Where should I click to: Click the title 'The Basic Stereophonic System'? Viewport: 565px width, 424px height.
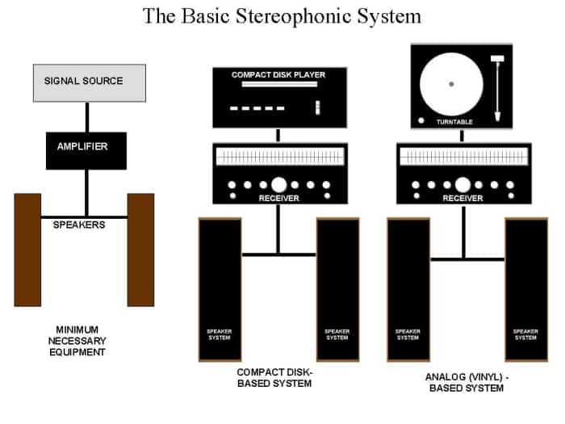point(282,15)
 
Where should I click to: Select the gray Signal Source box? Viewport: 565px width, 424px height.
point(89,82)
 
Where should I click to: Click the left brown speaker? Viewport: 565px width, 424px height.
point(27,250)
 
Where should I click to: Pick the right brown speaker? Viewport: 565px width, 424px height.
point(140,250)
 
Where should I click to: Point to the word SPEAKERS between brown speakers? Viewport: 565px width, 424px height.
point(79,225)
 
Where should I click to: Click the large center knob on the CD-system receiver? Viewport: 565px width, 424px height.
point(278,184)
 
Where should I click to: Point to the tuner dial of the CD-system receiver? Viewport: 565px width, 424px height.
point(278,156)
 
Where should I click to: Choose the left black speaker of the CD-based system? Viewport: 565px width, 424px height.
point(220,289)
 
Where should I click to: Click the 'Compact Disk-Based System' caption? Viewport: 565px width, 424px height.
point(274,377)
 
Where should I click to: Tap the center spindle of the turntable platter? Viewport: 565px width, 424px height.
point(451,83)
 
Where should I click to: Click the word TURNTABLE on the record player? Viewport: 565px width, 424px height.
point(454,122)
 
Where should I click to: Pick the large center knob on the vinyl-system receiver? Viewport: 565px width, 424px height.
point(462,184)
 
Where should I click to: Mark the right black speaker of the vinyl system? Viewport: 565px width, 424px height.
point(525,289)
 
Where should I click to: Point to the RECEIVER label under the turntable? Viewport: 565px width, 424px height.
point(462,198)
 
